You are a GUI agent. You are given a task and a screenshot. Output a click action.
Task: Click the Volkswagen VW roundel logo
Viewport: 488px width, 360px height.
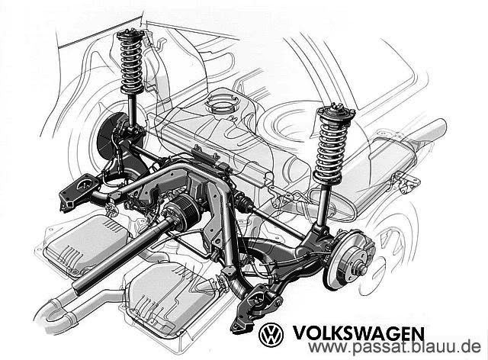(x=271, y=334)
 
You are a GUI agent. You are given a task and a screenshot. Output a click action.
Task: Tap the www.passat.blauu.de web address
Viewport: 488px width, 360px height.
(x=396, y=349)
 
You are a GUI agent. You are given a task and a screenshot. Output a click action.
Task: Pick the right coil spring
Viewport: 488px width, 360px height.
(x=332, y=142)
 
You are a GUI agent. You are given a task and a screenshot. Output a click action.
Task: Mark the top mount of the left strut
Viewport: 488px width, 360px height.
(x=129, y=34)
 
